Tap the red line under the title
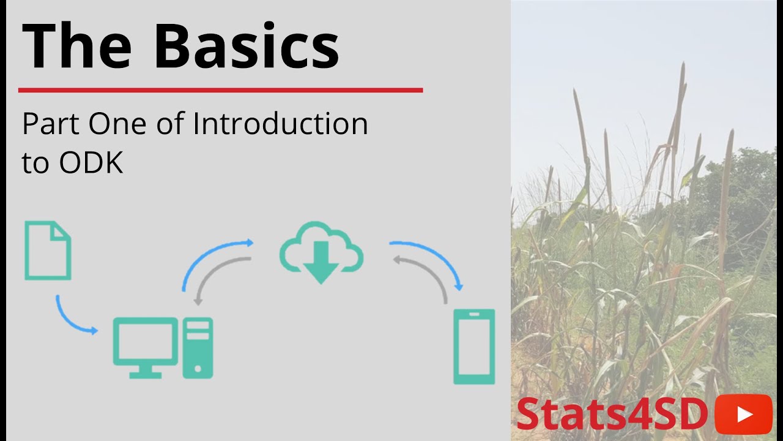point(220,90)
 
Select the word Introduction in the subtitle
point(280,124)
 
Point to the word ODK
point(91,162)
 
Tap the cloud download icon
point(322,251)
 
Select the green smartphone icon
point(473,347)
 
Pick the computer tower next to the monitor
point(198,347)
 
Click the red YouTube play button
point(743,414)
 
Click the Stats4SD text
point(612,415)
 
